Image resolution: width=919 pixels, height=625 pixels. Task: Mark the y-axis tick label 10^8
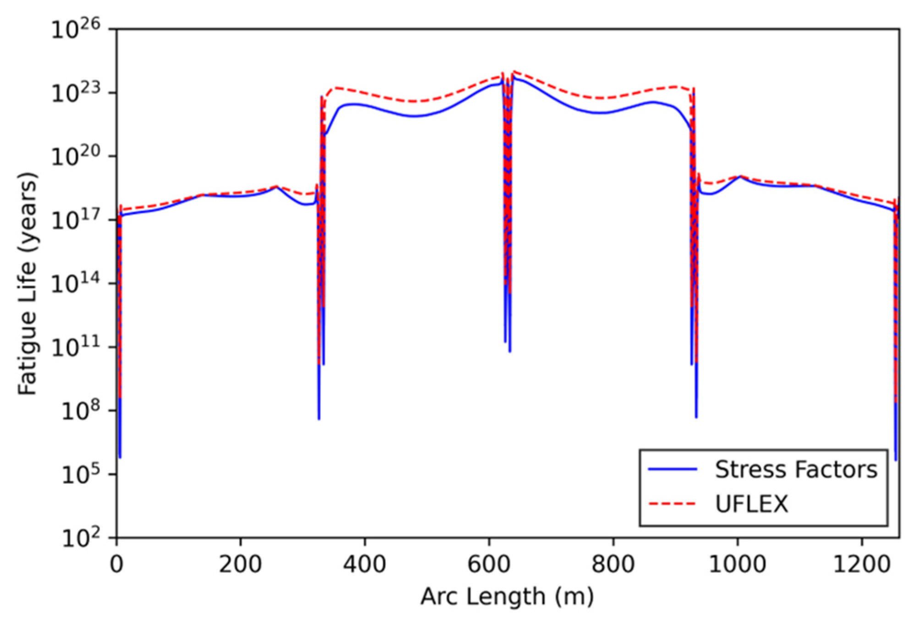click(81, 411)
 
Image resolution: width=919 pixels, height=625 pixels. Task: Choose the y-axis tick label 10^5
click(81, 475)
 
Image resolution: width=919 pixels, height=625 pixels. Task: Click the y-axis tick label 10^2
click(81, 538)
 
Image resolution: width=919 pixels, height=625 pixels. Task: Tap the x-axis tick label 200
click(241, 564)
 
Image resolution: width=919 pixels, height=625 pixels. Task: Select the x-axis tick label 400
click(365, 564)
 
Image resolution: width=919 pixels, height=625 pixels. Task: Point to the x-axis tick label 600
click(489, 564)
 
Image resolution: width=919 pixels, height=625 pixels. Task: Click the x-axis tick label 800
click(613, 564)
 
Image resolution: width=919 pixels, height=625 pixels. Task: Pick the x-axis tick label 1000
click(737, 564)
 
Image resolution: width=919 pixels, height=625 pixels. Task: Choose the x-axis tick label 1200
click(861, 564)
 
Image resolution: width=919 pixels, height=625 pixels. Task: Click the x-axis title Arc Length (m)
click(507, 597)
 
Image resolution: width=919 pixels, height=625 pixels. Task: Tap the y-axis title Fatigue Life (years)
click(27, 283)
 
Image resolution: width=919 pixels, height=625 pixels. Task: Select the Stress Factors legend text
click(796, 470)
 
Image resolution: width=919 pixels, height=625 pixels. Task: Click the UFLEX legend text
click(752, 504)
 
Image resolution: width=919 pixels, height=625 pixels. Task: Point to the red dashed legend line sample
click(673, 504)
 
